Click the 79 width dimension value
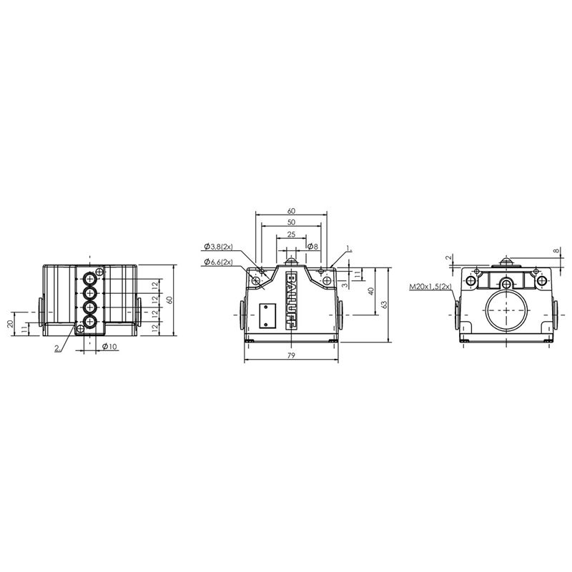click(x=291, y=355)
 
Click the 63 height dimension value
click(x=385, y=305)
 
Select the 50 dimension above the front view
click(x=291, y=222)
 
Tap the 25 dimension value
click(x=291, y=235)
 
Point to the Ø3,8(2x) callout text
click(x=219, y=247)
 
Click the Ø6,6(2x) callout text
click(x=219, y=262)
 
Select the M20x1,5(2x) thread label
click(x=430, y=287)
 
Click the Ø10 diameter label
click(x=109, y=347)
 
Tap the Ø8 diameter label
click(x=312, y=247)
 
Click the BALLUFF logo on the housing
click(x=291, y=302)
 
